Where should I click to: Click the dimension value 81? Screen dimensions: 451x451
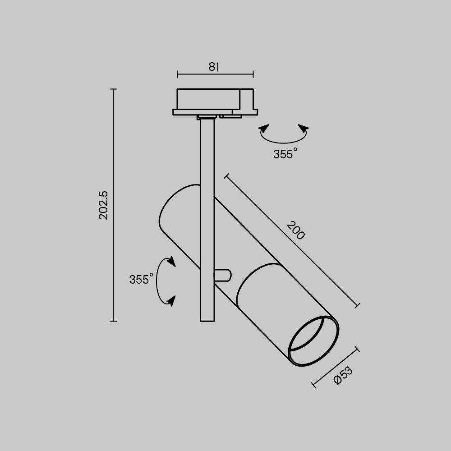coord(214,67)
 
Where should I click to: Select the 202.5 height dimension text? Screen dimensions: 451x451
coord(103,205)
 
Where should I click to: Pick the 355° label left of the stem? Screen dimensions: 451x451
coord(141,280)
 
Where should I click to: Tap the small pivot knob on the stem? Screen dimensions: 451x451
coord(224,275)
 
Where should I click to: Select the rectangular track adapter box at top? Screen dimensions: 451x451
coord(208,99)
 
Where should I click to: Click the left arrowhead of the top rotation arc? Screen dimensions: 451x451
coord(263,129)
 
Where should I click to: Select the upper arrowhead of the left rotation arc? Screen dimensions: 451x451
coord(170,261)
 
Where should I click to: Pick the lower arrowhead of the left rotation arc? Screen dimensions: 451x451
coord(171,300)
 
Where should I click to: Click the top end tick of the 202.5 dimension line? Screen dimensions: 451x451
coord(113,89)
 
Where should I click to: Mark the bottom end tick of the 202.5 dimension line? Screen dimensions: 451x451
coord(113,321)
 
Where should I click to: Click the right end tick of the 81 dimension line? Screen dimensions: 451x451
coord(253,74)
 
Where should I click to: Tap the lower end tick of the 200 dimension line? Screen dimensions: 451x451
coord(357,306)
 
